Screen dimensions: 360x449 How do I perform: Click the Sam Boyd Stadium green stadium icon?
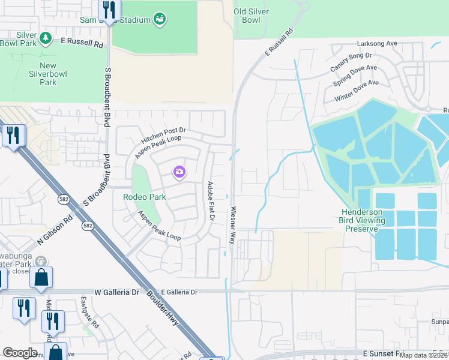point(159,20)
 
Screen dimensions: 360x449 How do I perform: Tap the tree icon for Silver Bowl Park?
point(46,39)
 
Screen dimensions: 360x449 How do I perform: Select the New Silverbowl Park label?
point(47,74)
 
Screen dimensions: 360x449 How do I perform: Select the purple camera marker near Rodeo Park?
point(179,173)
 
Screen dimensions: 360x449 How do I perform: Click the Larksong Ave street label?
point(377,44)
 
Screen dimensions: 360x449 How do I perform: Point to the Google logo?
point(20,353)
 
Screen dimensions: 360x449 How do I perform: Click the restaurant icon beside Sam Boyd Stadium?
point(109,10)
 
